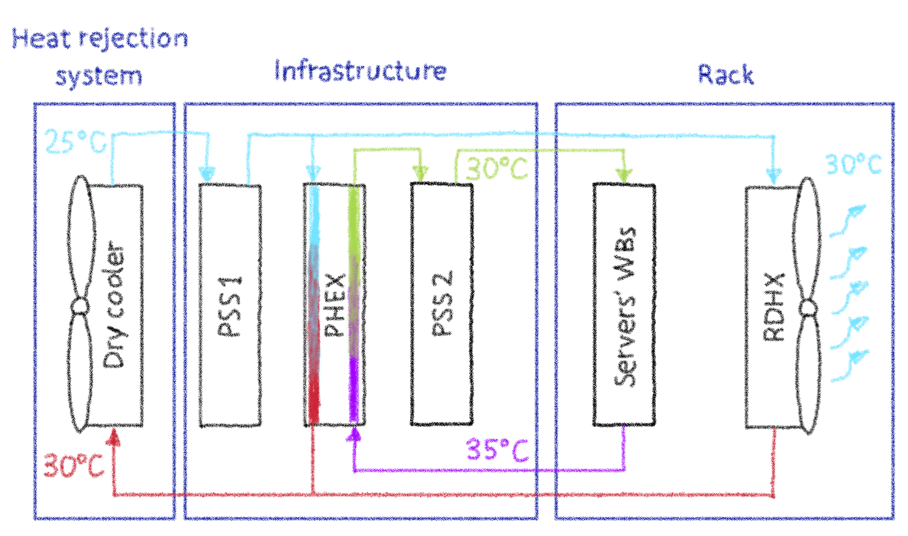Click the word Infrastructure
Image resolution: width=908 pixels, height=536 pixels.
coord(360,71)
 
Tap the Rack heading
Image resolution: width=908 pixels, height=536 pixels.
coord(726,75)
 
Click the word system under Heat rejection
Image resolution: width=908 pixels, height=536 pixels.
coord(99,77)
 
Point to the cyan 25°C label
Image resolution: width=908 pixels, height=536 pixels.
coord(76,142)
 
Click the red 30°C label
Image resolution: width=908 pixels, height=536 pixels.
coord(73,466)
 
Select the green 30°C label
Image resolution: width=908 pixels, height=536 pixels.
coord(497,168)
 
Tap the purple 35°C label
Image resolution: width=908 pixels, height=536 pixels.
coord(497,451)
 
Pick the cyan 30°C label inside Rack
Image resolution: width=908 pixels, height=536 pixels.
coord(854,165)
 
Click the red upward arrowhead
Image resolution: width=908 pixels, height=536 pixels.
coord(113,436)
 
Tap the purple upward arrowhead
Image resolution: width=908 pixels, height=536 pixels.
coord(353,434)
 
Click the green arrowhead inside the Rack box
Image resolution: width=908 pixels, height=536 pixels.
coord(623,174)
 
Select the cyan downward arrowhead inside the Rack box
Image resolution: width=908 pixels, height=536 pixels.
coord(774,175)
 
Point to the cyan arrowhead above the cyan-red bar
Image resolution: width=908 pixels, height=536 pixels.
coord(313,174)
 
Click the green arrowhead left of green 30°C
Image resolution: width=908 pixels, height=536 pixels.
coord(420,173)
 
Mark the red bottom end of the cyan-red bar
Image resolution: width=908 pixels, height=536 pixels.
coord(314,402)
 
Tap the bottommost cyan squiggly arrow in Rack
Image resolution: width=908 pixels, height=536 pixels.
coord(849,366)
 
